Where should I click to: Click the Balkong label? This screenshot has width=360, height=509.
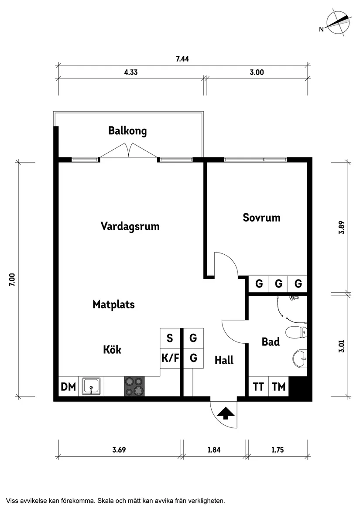coord(127,131)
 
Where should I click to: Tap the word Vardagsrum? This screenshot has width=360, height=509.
coord(130,226)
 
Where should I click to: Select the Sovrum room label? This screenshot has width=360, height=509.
coord(261,218)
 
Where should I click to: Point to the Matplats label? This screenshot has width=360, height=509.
coord(113,304)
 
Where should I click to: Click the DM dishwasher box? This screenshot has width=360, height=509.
coord(68,386)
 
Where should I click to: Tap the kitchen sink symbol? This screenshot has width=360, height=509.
coord(92,386)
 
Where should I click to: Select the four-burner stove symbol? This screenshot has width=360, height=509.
coord(134,386)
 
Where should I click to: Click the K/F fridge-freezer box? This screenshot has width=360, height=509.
coord(170,359)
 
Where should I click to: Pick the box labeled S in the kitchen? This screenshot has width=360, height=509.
coord(170,338)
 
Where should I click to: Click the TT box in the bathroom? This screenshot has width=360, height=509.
coord(258,386)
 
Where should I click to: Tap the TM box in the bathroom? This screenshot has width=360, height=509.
coord(278,386)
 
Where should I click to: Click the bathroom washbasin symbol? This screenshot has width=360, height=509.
coord(300,359)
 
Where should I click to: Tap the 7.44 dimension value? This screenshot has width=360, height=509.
coord(182,59)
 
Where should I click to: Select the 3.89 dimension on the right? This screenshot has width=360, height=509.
coord(342,228)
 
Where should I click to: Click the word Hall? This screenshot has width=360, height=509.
coord(224,360)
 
